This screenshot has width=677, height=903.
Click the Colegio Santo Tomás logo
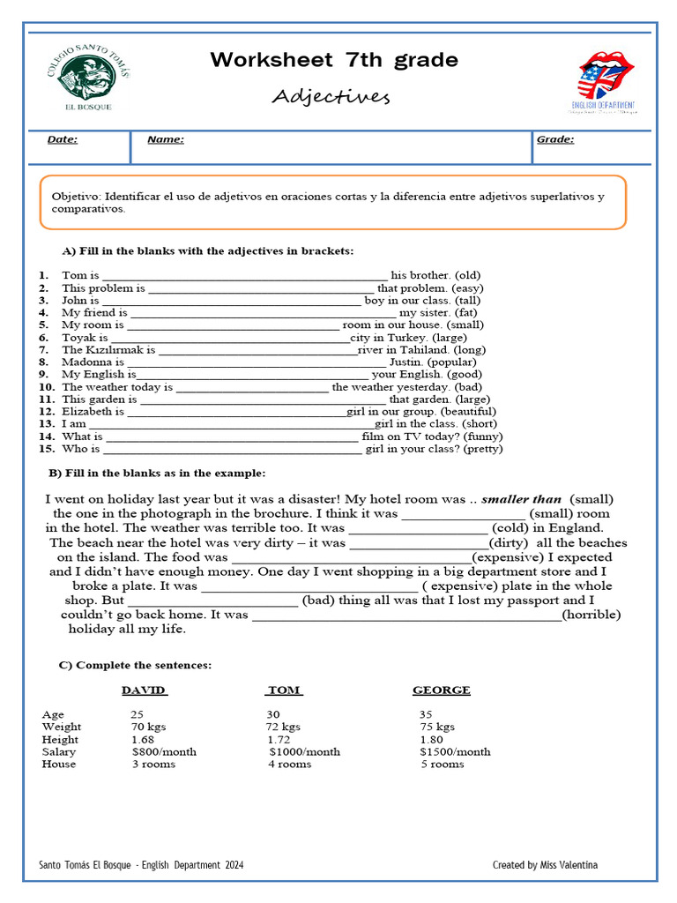point(86,80)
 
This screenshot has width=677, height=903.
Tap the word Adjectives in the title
point(331,95)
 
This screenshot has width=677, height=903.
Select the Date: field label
point(62,139)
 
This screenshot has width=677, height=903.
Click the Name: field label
point(165,139)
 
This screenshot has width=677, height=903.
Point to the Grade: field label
point(554,139)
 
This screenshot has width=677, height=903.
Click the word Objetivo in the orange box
point(77,197)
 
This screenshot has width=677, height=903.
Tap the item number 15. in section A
point(47,448)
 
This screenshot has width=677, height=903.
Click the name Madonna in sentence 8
point(87,362)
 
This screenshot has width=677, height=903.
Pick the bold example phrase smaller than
point(522,499)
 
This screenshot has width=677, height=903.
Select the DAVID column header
point(144,690)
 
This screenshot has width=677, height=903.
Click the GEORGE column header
point(441,690)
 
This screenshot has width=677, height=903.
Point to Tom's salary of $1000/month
point(304,752)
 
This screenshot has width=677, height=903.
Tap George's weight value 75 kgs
point(437,728)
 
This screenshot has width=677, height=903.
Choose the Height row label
point(60,740)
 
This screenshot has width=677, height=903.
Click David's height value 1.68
point(143,740)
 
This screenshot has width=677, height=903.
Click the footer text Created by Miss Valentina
point(544,865)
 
